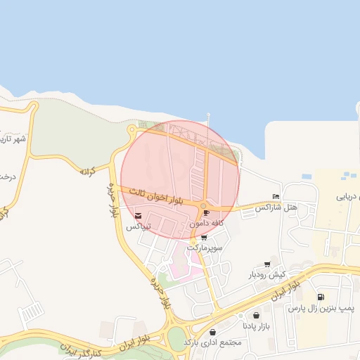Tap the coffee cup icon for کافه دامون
[206, 212]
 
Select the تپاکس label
[139, 227]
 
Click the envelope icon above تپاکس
[138, 215]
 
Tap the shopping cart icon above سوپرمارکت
[204, 238]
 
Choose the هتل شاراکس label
[276, 207]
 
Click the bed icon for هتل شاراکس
[276, 196]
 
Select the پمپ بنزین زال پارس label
[321, 309]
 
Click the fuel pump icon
[321, 297]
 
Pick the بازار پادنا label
[256, 327]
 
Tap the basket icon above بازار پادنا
[255, 315]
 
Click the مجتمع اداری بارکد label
[212, 342]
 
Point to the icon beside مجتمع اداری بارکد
[213, 331]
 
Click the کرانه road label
[87, 171]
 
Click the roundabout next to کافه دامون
[202, 206]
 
